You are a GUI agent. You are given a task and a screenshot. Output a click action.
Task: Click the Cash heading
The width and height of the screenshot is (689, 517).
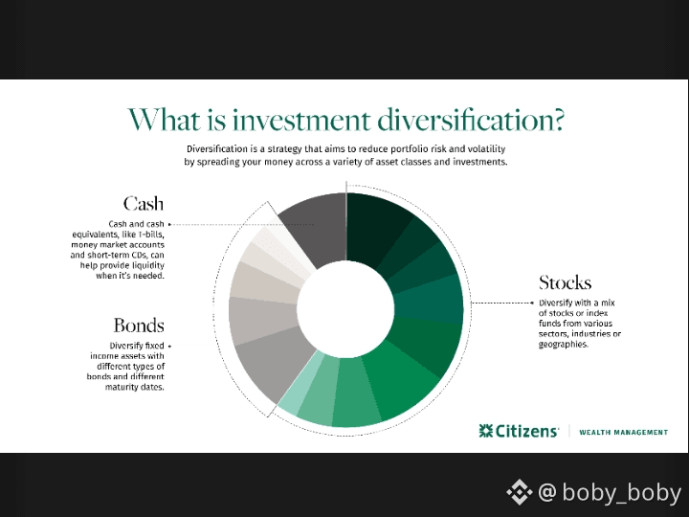(144, 204)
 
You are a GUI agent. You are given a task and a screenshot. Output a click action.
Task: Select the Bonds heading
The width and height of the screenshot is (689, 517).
(139, 326)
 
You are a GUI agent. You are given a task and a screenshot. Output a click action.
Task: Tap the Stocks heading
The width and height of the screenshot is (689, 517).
(566, 282)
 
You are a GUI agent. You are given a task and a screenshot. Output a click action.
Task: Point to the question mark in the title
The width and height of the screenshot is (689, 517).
(557, 120)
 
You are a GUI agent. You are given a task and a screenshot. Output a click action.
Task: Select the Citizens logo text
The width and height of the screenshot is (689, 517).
(526, 431)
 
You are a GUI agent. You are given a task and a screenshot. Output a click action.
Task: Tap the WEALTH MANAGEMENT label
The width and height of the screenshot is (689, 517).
(624, 433)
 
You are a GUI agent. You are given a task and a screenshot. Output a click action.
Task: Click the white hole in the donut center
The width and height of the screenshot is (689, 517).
(345, 308)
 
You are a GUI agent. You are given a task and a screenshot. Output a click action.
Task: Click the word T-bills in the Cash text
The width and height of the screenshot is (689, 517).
(151, 235)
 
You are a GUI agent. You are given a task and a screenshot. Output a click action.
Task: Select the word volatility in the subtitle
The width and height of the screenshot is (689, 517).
(486, 149)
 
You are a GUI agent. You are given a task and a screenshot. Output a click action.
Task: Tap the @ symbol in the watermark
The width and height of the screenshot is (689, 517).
(547, 491)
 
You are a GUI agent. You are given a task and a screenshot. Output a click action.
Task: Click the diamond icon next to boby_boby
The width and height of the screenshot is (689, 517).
(520, 492)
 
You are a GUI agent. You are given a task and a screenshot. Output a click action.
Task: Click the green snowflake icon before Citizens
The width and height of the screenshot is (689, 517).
(486, 431)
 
